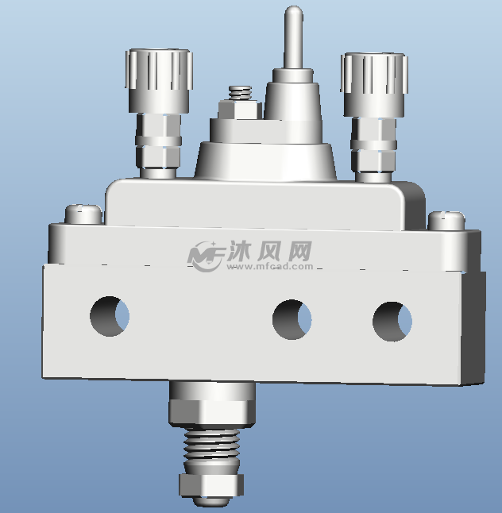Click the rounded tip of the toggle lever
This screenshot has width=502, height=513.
pyautogui.click(x=294, y=12)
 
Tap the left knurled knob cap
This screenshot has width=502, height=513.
pyautogui.click(x=159, y=80)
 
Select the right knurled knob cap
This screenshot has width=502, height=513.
pyautogui.click(x=374, y=84)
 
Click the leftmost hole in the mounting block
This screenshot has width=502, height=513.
pyautogui.click(x=110, y=316)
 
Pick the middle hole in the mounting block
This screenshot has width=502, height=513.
pyautogui.click(x=292, y=319)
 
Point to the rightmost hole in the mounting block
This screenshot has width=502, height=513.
pyautogui.click(x=392, y=322)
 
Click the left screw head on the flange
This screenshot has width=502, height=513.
pyautogui.click(x=83, y=214)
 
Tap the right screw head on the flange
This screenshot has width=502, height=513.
pyautogui.click(x=446, y=221)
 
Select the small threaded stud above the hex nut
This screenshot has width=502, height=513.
pyautogui.click(x=240, y=93)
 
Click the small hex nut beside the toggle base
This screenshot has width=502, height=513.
pyautogui.click(x=238, y=110)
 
